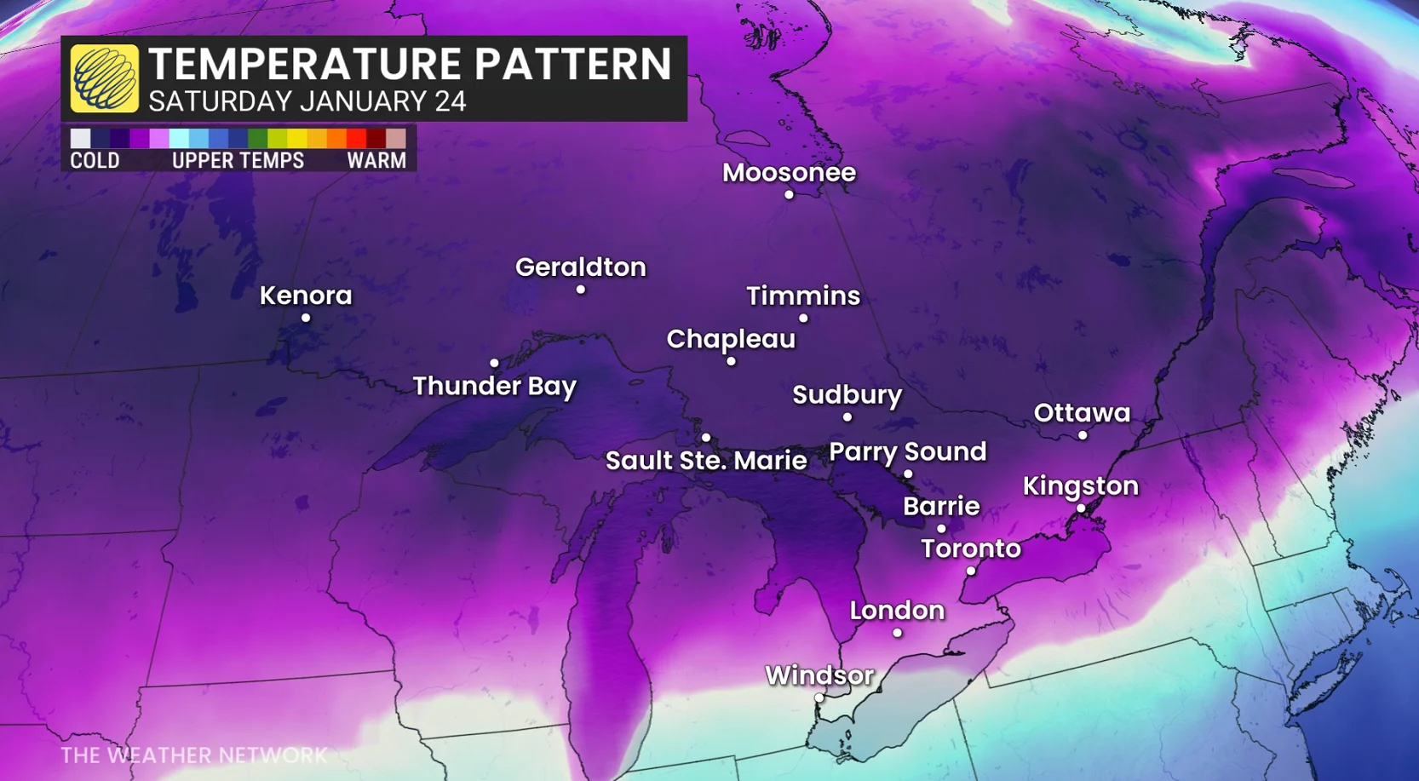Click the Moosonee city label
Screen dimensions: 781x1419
coord(789,172)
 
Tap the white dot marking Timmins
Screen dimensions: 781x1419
coord(803,319)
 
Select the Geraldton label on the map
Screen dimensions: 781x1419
coord(580,267)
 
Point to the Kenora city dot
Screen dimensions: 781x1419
coord(306,319)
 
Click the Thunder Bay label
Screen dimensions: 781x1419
coord(494,386)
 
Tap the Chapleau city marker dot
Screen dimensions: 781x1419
coord(731,362)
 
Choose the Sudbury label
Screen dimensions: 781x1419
coord(847,394)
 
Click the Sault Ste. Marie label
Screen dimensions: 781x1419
coord(705,461)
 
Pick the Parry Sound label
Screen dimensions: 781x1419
coord(907,451)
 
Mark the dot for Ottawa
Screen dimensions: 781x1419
coord(1083,435)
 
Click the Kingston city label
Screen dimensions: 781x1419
coord(1080,485)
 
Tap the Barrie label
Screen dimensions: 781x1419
coord(941,506)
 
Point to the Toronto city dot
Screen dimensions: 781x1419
coord(971,571)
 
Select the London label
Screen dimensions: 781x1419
coord(897,610)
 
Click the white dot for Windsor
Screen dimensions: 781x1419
coord(819,698)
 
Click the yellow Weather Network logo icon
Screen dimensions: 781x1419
coord(104,78)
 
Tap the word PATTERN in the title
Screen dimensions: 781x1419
coord(572,65)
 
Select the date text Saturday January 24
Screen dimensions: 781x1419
coord(307,101)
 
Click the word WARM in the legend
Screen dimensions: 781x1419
coord(376,161)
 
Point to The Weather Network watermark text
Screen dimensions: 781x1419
coord(194,755)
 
